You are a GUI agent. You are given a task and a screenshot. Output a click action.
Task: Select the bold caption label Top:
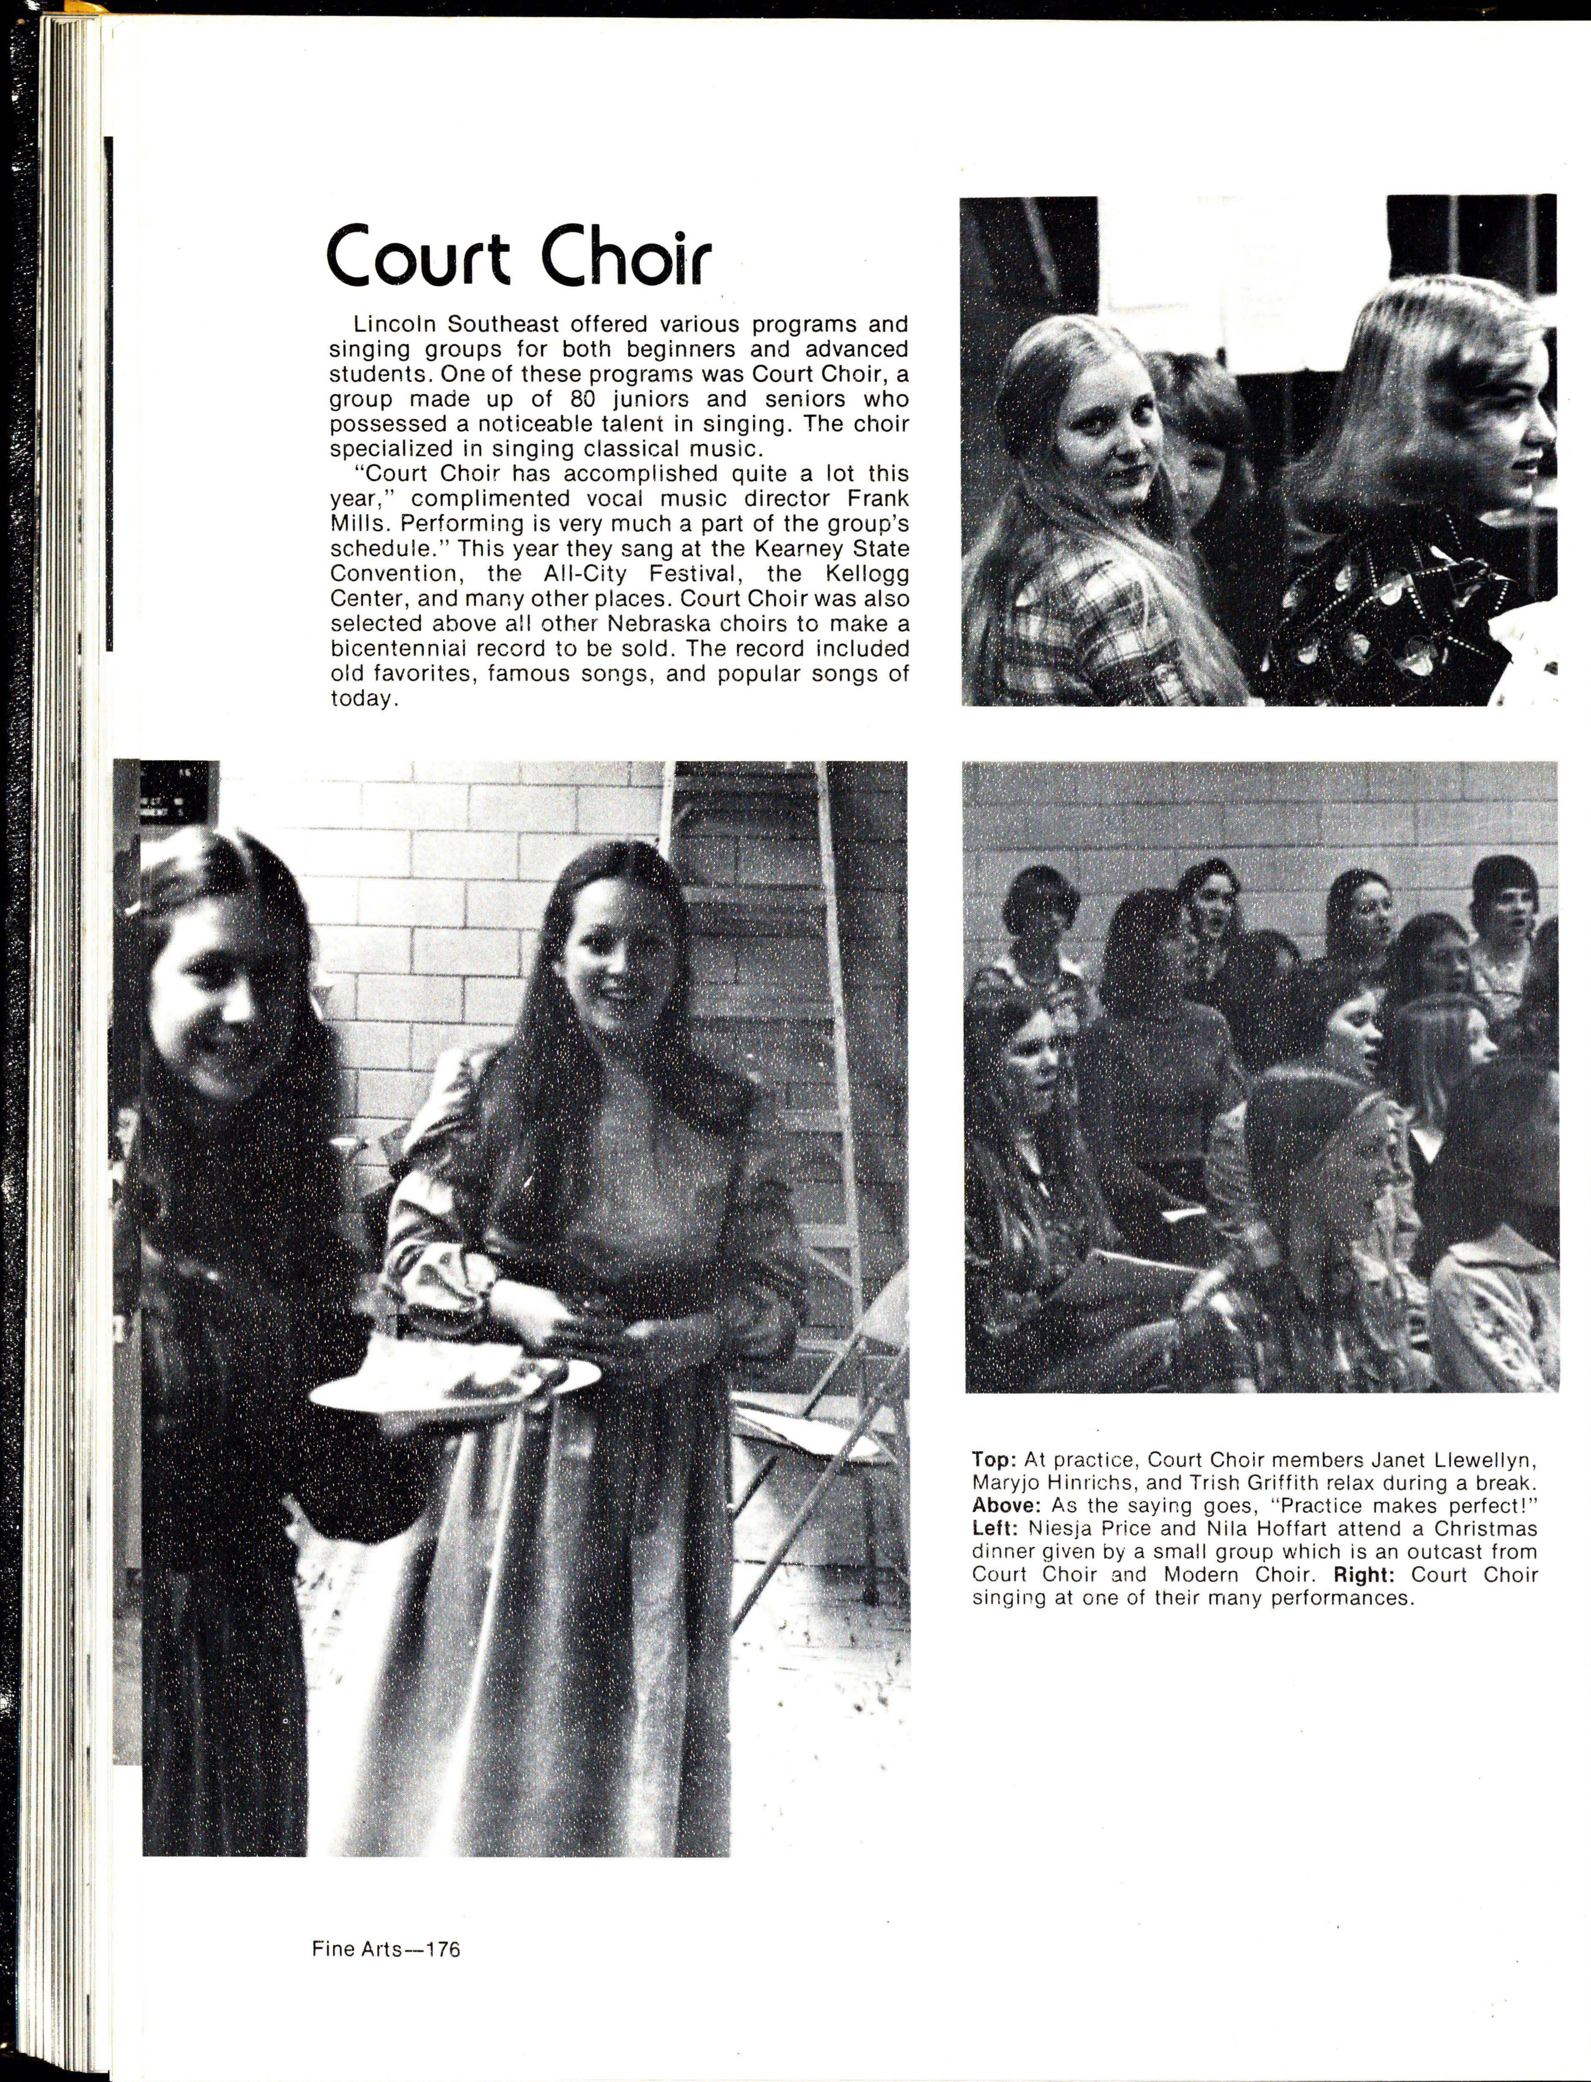(x=991, y=1460)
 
